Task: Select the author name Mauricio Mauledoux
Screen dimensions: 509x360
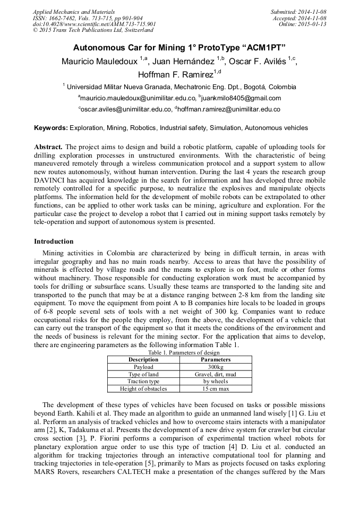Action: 99,61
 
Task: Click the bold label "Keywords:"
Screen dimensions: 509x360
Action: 51,128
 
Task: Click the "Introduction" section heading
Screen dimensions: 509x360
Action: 54,241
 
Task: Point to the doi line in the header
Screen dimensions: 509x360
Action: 94,24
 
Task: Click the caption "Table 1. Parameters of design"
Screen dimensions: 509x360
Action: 179,352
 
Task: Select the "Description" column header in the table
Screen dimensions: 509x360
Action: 143,359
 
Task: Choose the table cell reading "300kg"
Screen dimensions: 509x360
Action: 216,367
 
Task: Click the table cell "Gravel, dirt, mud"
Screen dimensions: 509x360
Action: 216,374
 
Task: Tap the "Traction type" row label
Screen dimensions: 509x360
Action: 143,382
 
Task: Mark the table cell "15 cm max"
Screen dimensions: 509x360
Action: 216,389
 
